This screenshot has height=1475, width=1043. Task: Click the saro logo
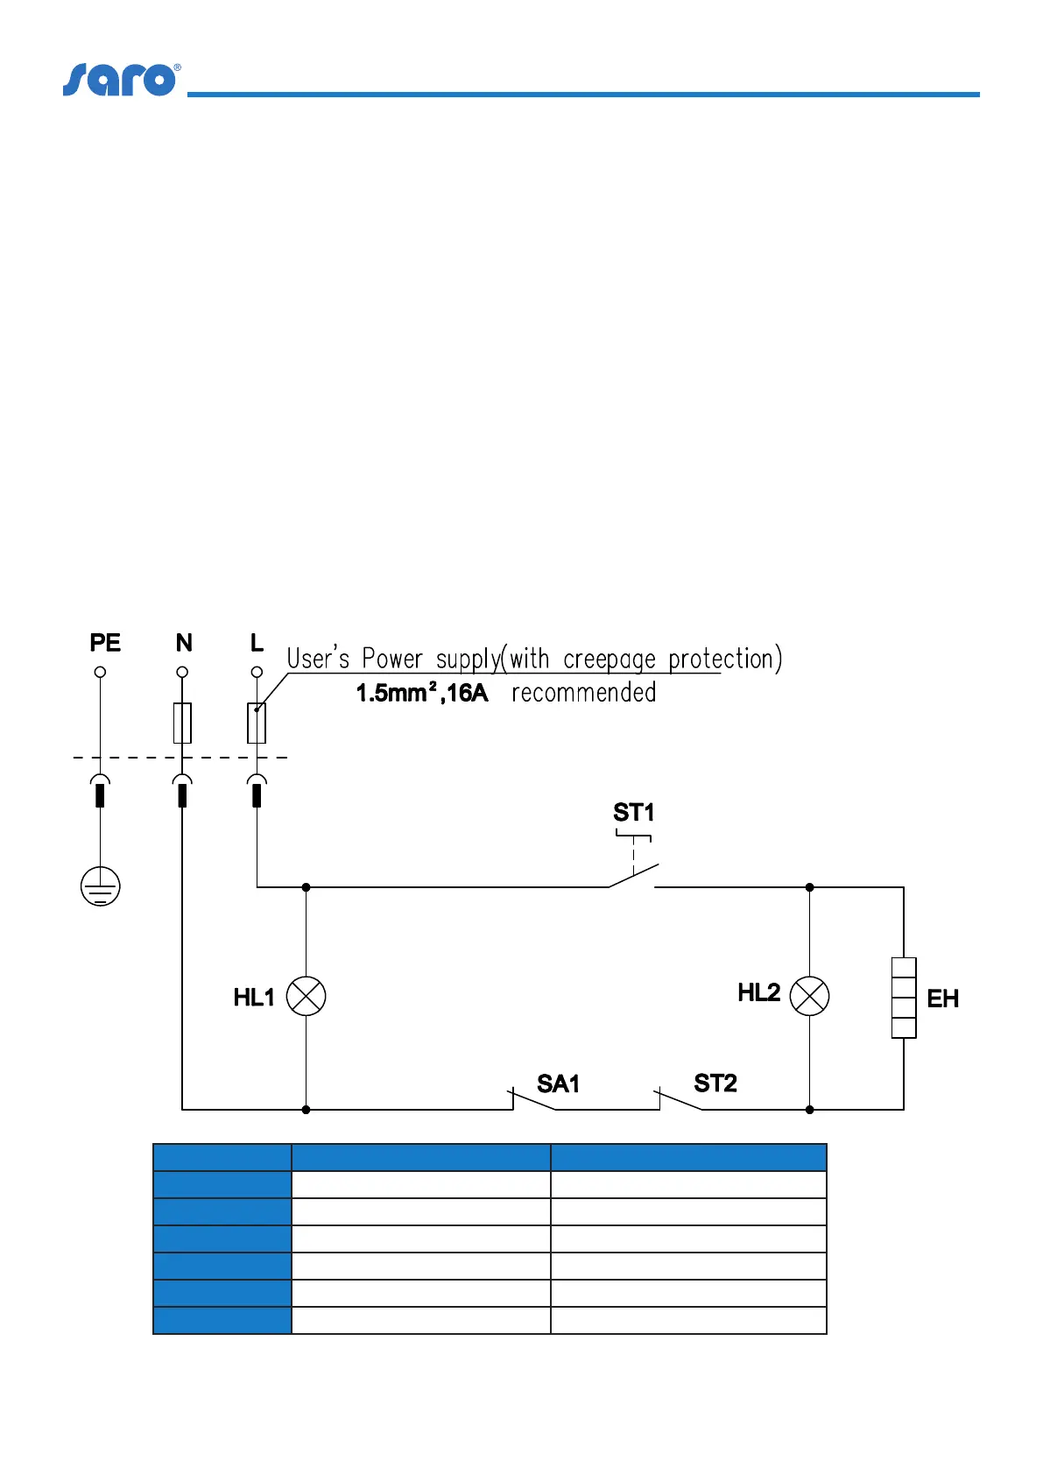121,80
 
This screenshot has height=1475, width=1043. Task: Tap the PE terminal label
105,643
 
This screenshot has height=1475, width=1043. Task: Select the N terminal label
184,643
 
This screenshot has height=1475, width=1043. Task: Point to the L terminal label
257,643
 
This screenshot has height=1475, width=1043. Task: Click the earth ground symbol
101,886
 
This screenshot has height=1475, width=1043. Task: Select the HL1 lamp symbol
307,997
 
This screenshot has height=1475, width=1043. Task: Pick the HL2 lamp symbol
809,997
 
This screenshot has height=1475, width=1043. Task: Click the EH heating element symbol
904,998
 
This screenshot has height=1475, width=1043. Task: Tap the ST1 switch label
633,813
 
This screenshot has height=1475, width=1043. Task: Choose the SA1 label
558,1084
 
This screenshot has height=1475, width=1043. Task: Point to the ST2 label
715,1083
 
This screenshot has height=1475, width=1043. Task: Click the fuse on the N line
182,723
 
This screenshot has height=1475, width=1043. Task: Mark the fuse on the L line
257,723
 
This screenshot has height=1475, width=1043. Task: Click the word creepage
610,659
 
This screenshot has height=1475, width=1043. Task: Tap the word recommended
584,693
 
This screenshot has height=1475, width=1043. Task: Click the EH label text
942,999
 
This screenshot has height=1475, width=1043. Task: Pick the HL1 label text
254,998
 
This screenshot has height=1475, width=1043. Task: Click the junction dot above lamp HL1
306,887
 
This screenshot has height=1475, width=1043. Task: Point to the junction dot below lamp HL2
809,1110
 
